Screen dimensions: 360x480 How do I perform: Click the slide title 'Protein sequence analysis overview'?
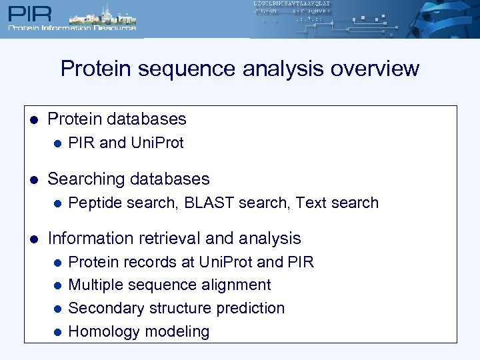click(240, 69)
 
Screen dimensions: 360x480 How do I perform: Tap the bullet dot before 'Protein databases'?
click(33, 120)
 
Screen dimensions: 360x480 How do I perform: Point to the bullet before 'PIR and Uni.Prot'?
click(57, 143)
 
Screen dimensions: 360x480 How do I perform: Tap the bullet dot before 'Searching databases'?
click(33, 180)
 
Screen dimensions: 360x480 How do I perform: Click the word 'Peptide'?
click(95, 203)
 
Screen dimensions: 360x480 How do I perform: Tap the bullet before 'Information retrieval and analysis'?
click(33, 239)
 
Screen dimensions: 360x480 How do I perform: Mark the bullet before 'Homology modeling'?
click(57, 332)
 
